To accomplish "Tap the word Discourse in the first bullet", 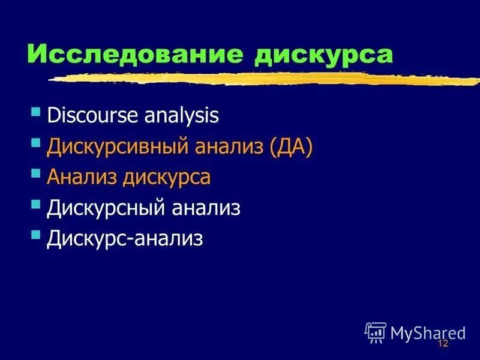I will [x=92, y=115].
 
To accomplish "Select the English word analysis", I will [x=181, y=115].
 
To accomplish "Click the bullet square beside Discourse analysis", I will [x=36, y=112].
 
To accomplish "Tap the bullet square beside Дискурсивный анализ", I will [x=36, y=143].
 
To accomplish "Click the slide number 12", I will [x=443, y=343].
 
